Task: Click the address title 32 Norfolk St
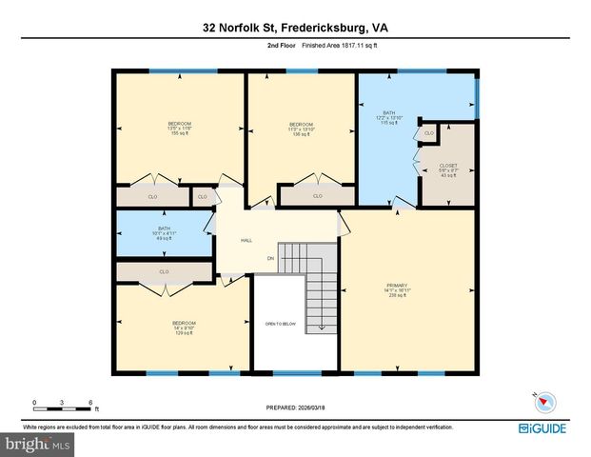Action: [x=295, y=29]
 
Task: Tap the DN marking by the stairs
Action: [x=270, y=258]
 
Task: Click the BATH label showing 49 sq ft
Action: [x=164, y=231]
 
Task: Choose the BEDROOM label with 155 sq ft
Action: [x=179, y=128]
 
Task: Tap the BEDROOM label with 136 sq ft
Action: [x=302, y=128]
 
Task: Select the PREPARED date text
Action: [x=295, y=407]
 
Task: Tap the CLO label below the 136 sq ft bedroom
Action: [x=318, y=196]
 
